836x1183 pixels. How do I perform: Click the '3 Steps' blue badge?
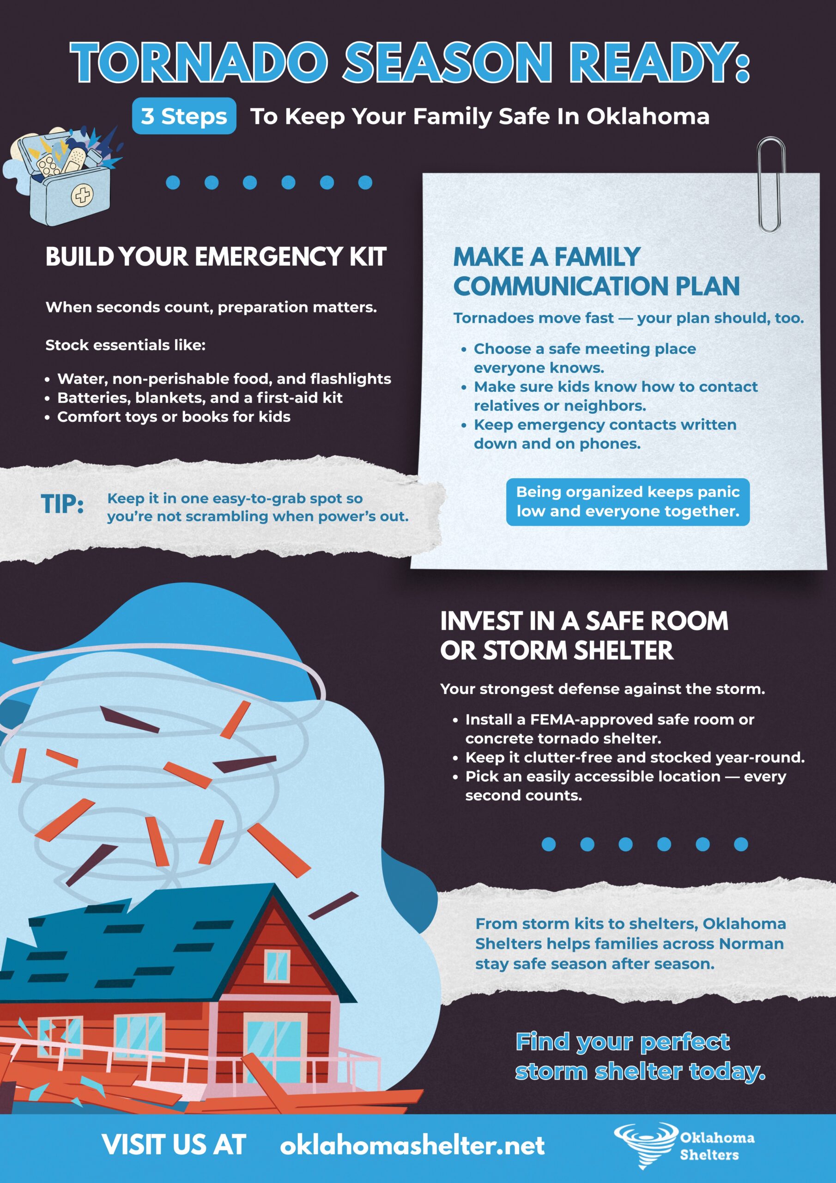click(184, 116)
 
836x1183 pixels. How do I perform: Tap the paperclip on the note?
click(770, 184)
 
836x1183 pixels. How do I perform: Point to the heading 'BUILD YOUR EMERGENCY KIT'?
click(216, 256)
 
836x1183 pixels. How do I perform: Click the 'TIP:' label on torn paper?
click(62, 504)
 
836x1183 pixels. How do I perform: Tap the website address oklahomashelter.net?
click(412, 1145)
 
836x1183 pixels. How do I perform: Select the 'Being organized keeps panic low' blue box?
click(627, 502)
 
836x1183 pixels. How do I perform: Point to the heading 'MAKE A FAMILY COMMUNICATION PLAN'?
click(596, 272)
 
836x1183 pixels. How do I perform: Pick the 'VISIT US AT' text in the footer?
click(174, 1145)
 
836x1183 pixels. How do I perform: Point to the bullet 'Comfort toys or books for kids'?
click(174, 416)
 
